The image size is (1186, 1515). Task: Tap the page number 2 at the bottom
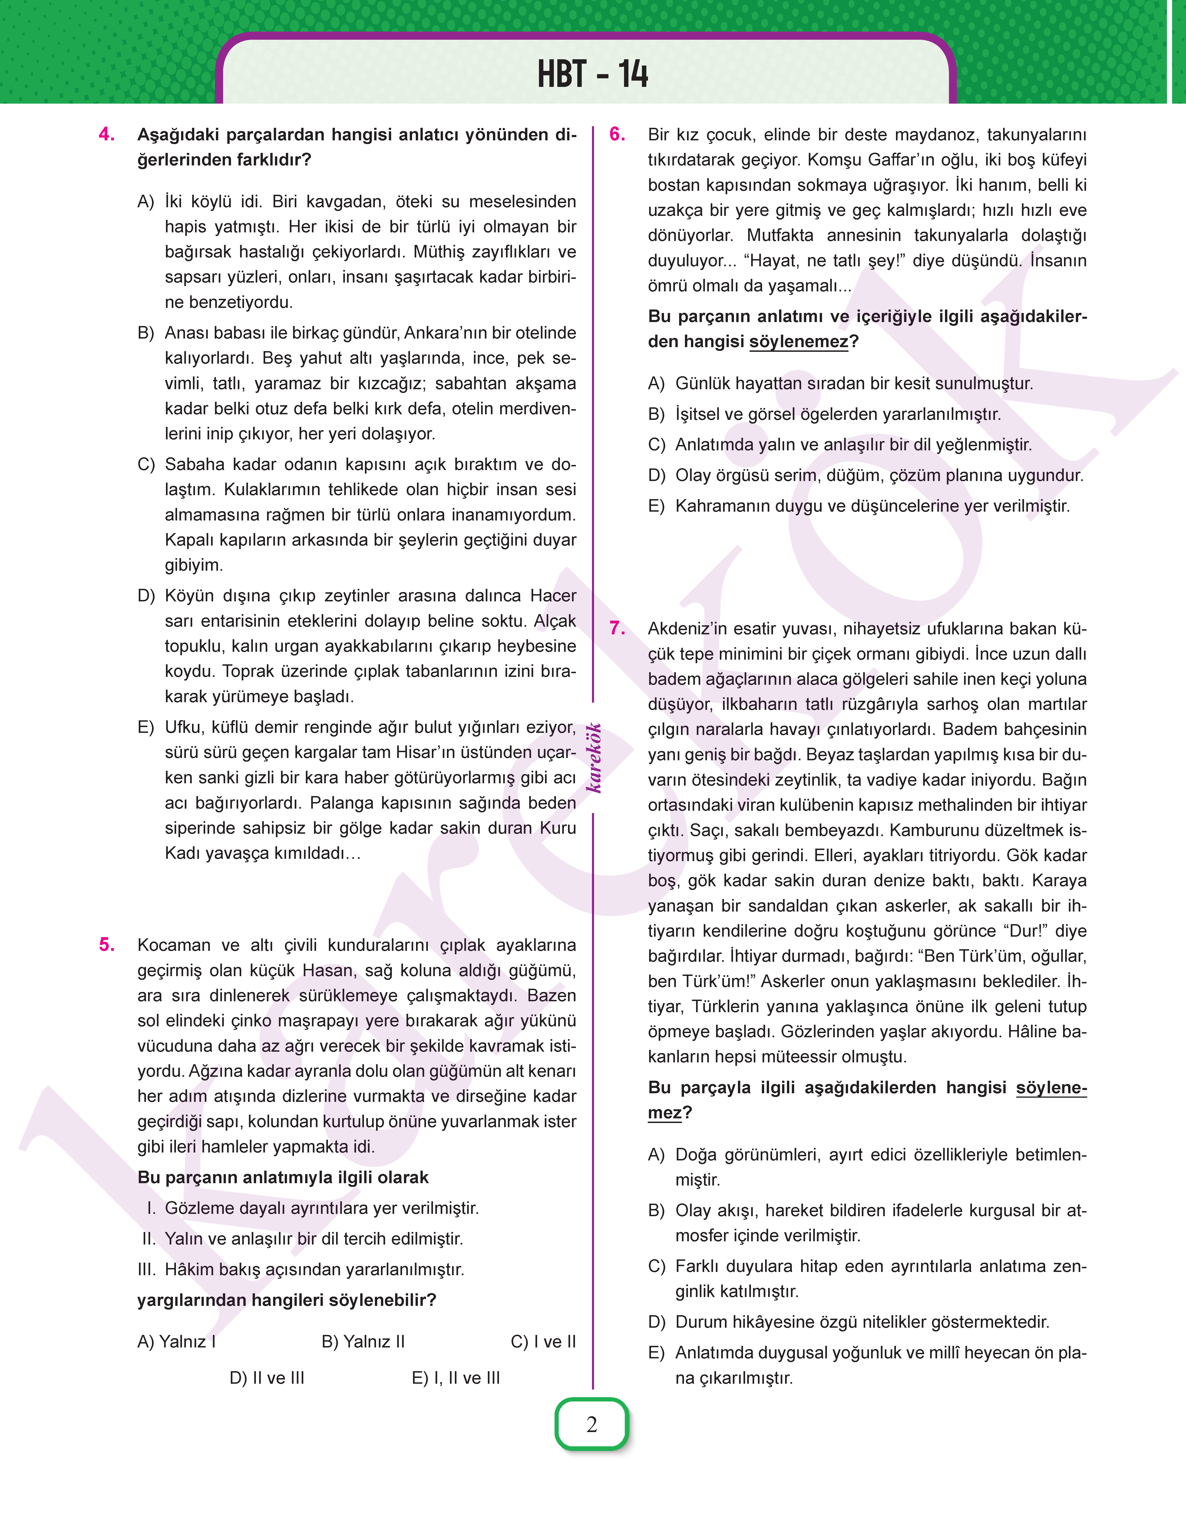[x=592, y=1424]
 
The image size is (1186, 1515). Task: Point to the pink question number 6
[x=617, y=135]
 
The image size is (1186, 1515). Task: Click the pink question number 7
[x=617, y=628]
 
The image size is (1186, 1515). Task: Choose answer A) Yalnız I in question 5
[x=176, y=1341]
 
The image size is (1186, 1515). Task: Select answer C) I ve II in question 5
[x=543, y=1341]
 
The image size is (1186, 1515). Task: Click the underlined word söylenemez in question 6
[x=799, y=342]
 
